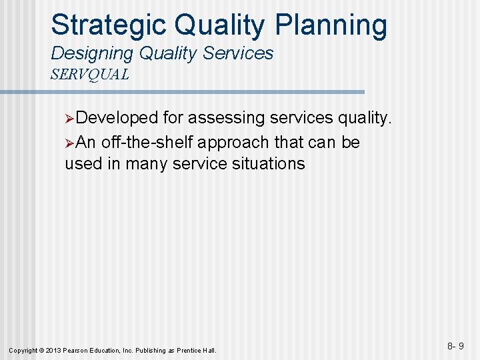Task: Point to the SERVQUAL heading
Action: point(90,74)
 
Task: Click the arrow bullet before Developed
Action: point(70,119)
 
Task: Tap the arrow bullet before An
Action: point(70,143)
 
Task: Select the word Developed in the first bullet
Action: point(118,118)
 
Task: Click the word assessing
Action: point(227,118)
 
